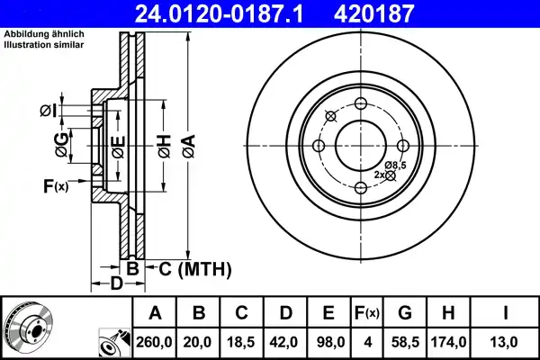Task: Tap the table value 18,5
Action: pos(242,342)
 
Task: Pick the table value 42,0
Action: pos(285,342)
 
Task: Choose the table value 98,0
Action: pos(328,342)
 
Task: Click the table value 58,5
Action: pos(406,342)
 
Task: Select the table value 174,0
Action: pos(450,342)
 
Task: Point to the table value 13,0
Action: pos(508,342)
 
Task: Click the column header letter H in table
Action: pos(450,313)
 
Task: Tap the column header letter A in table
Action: pos(155,313)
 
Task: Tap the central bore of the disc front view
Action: pos(360,145)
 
